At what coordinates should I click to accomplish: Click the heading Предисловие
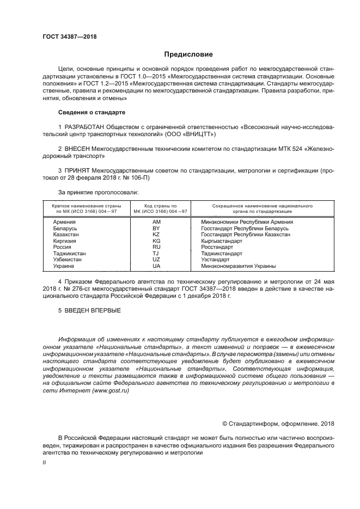(x=189, y=54)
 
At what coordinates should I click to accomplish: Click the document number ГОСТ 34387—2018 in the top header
(x=66, y=36)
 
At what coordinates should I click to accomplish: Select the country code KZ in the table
(x=156, y=235)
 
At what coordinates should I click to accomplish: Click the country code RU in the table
(x=156, y=247)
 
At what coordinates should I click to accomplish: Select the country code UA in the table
(x=156, y=266)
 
